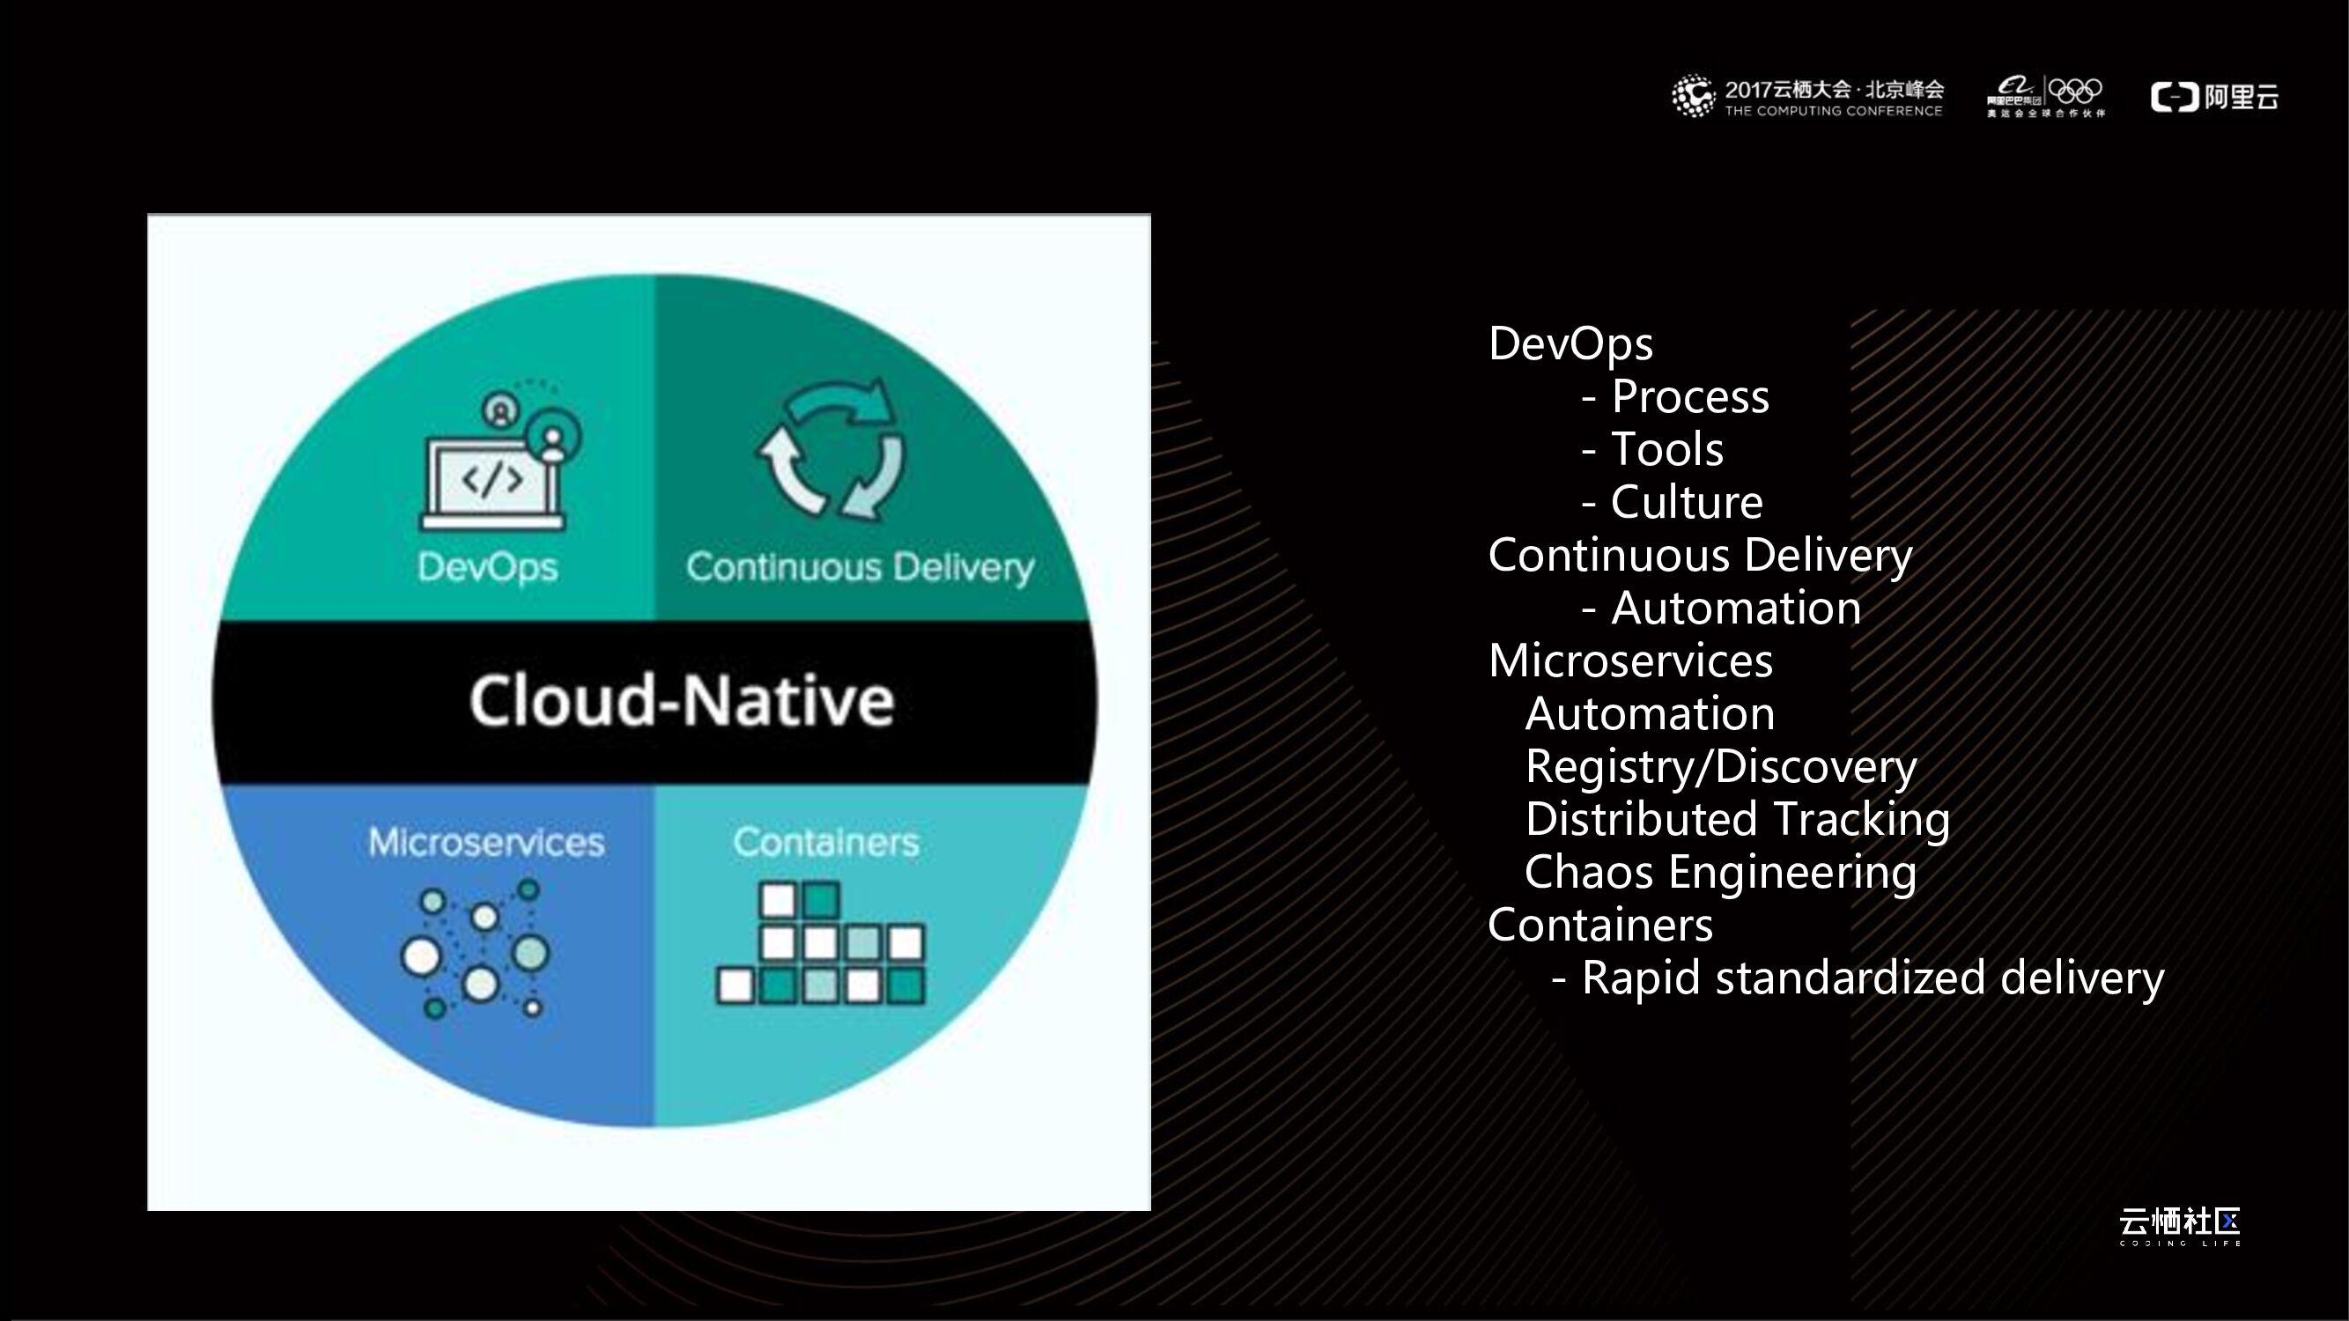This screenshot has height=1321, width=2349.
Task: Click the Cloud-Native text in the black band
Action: pos(681,701)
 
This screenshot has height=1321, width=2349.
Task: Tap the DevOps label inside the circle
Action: pos(487,567)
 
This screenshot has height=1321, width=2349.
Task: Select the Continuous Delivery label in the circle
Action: pos(860,567)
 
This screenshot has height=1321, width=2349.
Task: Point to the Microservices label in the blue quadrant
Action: pos(486,843)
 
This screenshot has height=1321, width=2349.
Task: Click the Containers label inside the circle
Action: pos(825,843)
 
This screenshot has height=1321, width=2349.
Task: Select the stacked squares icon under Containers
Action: pos(821,942)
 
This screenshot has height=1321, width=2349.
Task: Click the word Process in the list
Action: pos(1689,396)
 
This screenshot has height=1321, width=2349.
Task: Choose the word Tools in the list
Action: pos(1667,449)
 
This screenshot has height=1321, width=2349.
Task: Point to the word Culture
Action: pos(1686,502)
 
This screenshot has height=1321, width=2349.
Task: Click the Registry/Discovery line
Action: pos(1721,767)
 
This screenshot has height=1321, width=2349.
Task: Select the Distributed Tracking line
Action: pos(1737,820)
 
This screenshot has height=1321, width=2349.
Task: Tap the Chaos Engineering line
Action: pos(1721,873)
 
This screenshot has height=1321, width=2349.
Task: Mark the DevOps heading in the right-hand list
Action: pos(1570,343)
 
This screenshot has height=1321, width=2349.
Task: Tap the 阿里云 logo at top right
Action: pos(2214,97)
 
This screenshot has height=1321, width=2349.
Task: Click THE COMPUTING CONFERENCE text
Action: pos(1833,111)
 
